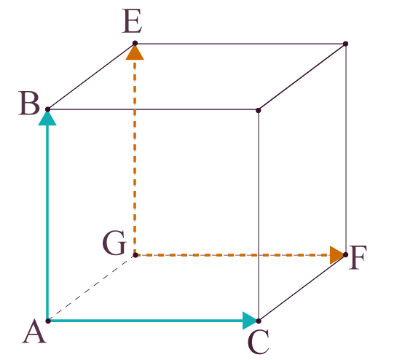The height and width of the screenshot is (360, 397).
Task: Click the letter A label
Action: (x=34, y=332)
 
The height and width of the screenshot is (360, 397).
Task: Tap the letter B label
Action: (x=29, y=103)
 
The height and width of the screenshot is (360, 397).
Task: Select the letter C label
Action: (x=259, y=342)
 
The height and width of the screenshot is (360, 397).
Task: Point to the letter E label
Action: (x=132, y=21)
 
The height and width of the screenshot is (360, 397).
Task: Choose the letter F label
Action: (x=358, y=257)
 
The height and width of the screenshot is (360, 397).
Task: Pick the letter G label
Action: (x=114, y=243)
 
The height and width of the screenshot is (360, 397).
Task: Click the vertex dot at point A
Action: (x=48, y=321)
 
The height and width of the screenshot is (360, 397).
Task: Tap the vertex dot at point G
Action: (x=135, y=255)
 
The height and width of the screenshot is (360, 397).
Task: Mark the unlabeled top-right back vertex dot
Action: (x=345, y=44)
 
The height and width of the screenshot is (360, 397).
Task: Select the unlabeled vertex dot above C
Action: (x=259, y=110)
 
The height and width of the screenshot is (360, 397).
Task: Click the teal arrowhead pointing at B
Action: (x=47, y=118)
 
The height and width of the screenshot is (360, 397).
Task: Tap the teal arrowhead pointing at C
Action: (x=250, y=321)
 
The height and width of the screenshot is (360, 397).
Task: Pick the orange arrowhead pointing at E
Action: (x=135, y=52)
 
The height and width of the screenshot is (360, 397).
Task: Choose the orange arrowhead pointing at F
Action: (x=337, y=255)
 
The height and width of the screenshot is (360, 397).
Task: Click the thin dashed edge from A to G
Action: (x=92, y=288)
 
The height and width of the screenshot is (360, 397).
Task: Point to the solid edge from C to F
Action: (x=302, y=288)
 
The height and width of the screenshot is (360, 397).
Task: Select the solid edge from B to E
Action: (x=91, y=77)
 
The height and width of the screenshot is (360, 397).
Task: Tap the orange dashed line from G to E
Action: (x=135, y=157)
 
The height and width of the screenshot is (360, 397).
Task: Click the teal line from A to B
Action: (x=47, y=223)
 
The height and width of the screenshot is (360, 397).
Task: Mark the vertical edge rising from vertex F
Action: (x=345, y=149)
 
